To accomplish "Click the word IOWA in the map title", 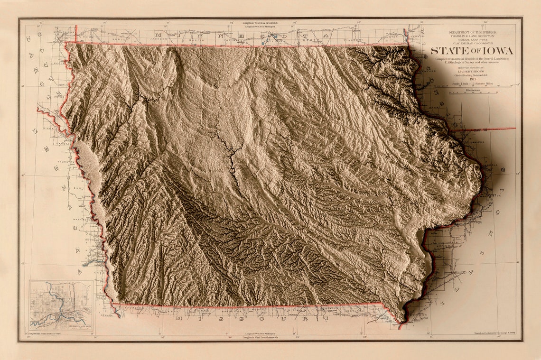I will (496, 51).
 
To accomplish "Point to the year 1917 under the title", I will (473, 79).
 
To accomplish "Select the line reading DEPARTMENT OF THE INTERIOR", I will (473, 32).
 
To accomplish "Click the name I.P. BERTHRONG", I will (473, 70).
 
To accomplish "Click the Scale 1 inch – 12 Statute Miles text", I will (473, 84).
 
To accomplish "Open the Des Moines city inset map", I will (61, 305).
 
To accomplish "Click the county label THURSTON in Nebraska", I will (63, 162).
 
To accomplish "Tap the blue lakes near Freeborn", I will (262, 43).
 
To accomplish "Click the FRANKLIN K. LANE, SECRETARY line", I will (473, 37).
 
